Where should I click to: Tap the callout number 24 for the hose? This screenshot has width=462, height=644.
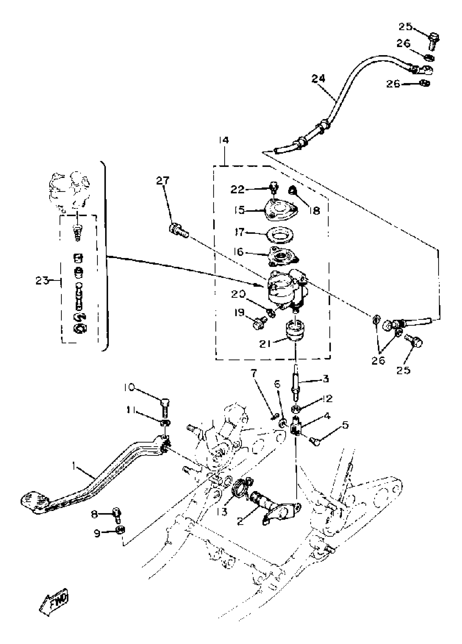318,78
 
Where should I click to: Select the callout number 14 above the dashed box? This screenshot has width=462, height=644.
224,140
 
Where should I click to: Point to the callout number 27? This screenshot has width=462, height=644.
163,180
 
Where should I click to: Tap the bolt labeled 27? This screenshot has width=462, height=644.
179,230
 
